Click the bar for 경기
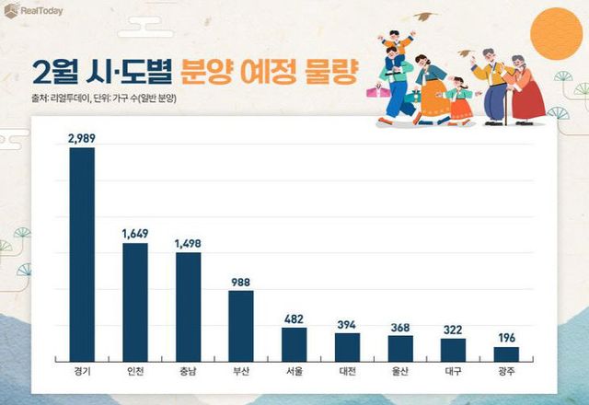tap(82, 254)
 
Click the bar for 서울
tap(294, 344)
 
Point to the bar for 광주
tap(505, 353)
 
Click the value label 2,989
tap(82, 138)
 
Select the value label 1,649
tap(135, 234)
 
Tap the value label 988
tap(241, 283)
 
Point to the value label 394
tap(347, 323)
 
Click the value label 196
tap(505, 337)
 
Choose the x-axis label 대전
tap(347, 373)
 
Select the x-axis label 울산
tap(399, 373)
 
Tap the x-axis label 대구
tap(453, 373)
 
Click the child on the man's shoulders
tap(397, 40)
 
